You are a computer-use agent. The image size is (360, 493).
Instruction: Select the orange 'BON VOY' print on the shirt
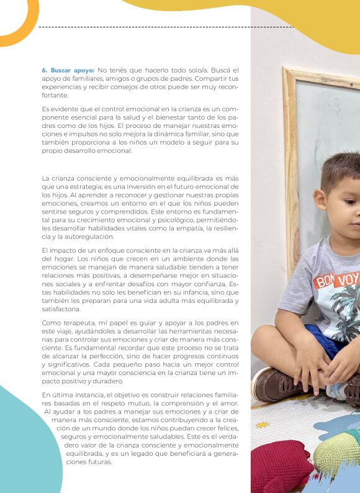click(x=336, y=280)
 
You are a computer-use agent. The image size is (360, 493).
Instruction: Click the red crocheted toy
click(x=279, y=467)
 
